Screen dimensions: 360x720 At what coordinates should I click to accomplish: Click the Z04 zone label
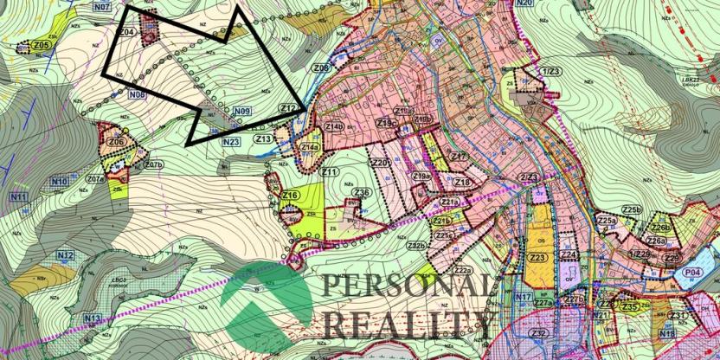point(126,32)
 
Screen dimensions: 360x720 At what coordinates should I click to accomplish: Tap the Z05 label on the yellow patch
point(41,45)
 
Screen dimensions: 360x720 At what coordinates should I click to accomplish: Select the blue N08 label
point(136,94)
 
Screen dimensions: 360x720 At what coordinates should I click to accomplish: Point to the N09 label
point(241,111)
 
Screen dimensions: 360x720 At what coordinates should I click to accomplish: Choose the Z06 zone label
point(118,142)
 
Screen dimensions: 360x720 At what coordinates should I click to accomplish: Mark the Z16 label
point(291,196)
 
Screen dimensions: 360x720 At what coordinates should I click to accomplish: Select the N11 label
point(18,197)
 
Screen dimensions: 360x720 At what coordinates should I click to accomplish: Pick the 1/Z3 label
point(551,69)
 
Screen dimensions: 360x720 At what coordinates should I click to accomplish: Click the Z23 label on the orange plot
point(537,258)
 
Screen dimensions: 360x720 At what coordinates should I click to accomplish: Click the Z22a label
point(460,270)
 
